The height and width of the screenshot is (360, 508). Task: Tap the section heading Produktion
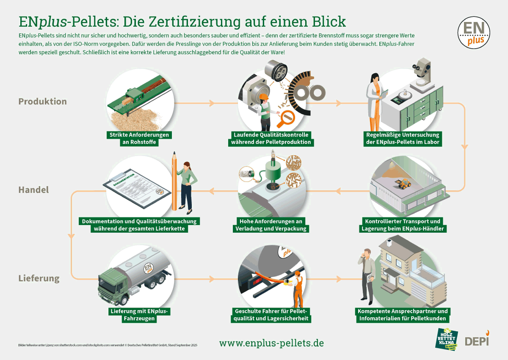pyautogui.click(x=42, y=102)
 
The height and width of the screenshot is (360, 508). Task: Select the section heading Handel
pyautogui.click(x=33, y=190)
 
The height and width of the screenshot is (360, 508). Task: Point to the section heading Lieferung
pyautogui.click(x=39, y=278)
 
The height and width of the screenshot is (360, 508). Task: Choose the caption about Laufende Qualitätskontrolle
pyautogui.click(x=271, y=138)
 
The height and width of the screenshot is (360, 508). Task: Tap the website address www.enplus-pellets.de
pyautogui.click(x=271, y=343)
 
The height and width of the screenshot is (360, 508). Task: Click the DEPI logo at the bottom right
pyautogui.click(x=477, y=340)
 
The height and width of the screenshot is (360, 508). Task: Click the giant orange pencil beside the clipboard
pyautogui.click(x=174, y=182)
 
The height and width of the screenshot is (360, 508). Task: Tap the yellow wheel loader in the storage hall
pyautogui.click(x=404, y=183)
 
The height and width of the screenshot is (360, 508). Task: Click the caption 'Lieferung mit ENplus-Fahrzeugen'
pyautogui.click(x=139, y=315)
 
